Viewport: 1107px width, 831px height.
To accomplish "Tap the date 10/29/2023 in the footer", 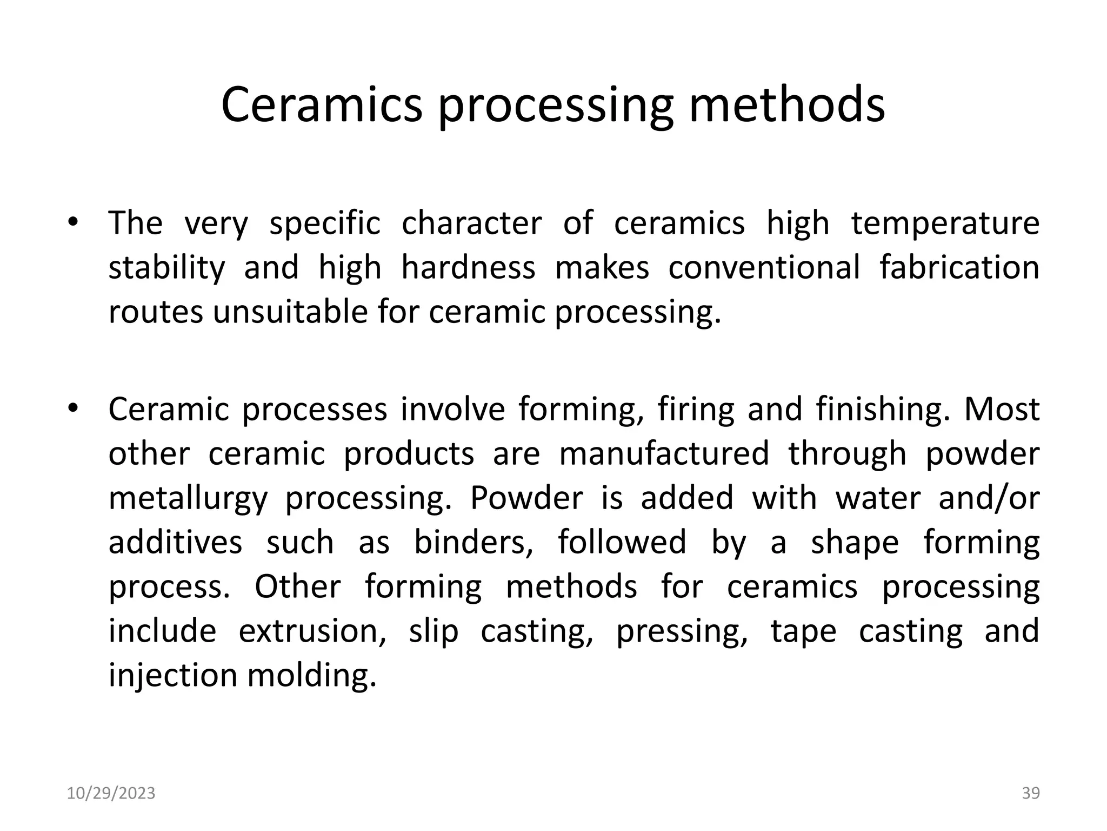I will coord(111,793).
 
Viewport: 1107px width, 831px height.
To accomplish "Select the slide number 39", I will coord(1031,793).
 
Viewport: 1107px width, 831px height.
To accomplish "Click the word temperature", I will coord(945,223).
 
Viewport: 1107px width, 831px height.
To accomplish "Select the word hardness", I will coord(468,267).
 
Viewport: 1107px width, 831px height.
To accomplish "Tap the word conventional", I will coord(764,267).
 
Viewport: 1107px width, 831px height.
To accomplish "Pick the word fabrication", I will coord(959,267).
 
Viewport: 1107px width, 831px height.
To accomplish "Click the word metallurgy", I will coord(188,499).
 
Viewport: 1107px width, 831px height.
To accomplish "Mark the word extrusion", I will coord(312,631).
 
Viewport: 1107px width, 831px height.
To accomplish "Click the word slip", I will coord(434,632).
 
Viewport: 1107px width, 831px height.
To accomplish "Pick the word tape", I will coord(803,632).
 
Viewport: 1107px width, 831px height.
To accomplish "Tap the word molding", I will coord(312,676).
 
